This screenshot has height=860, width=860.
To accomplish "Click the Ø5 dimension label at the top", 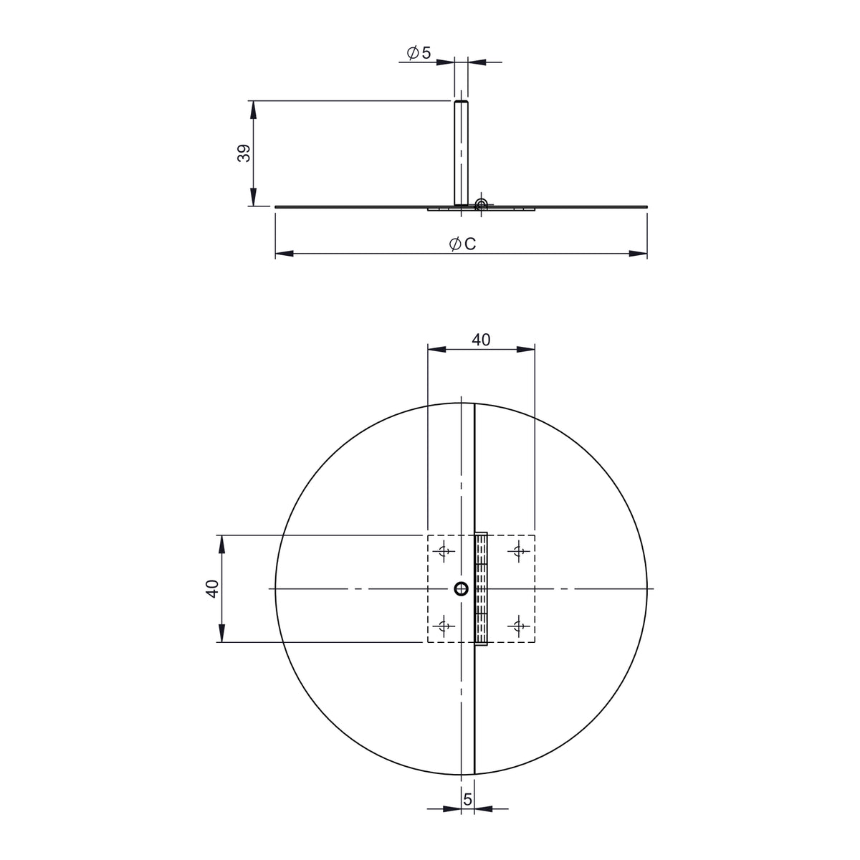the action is (419, 52).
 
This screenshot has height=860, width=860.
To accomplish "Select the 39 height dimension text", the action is (244, 153).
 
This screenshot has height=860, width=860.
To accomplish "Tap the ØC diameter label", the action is (463, 244).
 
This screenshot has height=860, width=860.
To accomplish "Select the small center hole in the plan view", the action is (461, 589).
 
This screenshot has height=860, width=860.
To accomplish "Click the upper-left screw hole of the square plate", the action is (444, 551).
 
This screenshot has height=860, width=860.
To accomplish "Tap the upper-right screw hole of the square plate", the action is (519, 551).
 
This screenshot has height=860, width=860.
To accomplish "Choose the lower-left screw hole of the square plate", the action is (444, 626).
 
